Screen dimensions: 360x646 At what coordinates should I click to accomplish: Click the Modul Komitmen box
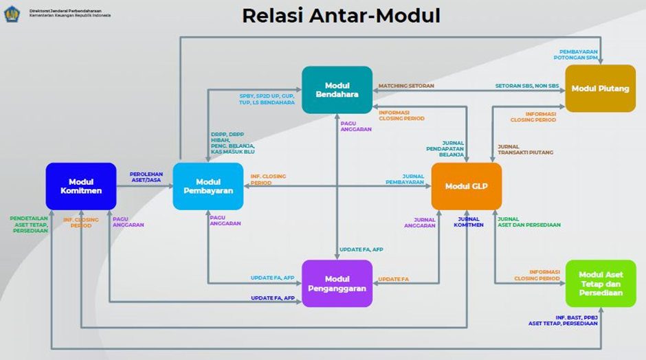click(80, 185)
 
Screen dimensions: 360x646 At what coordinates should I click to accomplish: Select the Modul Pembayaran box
click(208, 185)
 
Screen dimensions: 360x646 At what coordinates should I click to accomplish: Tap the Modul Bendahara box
click(337, 89)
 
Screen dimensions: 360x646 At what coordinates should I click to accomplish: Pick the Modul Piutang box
click(600, 88)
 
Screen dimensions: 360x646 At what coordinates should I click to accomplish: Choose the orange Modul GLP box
click(467, 185)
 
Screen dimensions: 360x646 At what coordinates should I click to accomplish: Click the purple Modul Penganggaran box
click(337, 284)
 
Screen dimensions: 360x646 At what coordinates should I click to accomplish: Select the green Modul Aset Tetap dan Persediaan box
click(600, 283)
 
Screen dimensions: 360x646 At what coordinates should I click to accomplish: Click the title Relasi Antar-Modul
click(341, 16)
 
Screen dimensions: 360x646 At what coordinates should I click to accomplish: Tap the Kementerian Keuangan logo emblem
click(12, 14)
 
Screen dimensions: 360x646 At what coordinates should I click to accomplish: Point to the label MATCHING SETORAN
click(406, 86)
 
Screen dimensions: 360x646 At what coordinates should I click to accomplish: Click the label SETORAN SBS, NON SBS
click(527, 86)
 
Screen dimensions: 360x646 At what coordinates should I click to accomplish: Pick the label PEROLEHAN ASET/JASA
click(146, 177)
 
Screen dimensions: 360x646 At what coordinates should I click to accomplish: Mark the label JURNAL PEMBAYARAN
click(405, 179)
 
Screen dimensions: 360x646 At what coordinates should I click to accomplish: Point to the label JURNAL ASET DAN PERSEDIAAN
click(528, 222)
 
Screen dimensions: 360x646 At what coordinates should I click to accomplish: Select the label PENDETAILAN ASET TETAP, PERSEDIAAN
click(30, 224)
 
